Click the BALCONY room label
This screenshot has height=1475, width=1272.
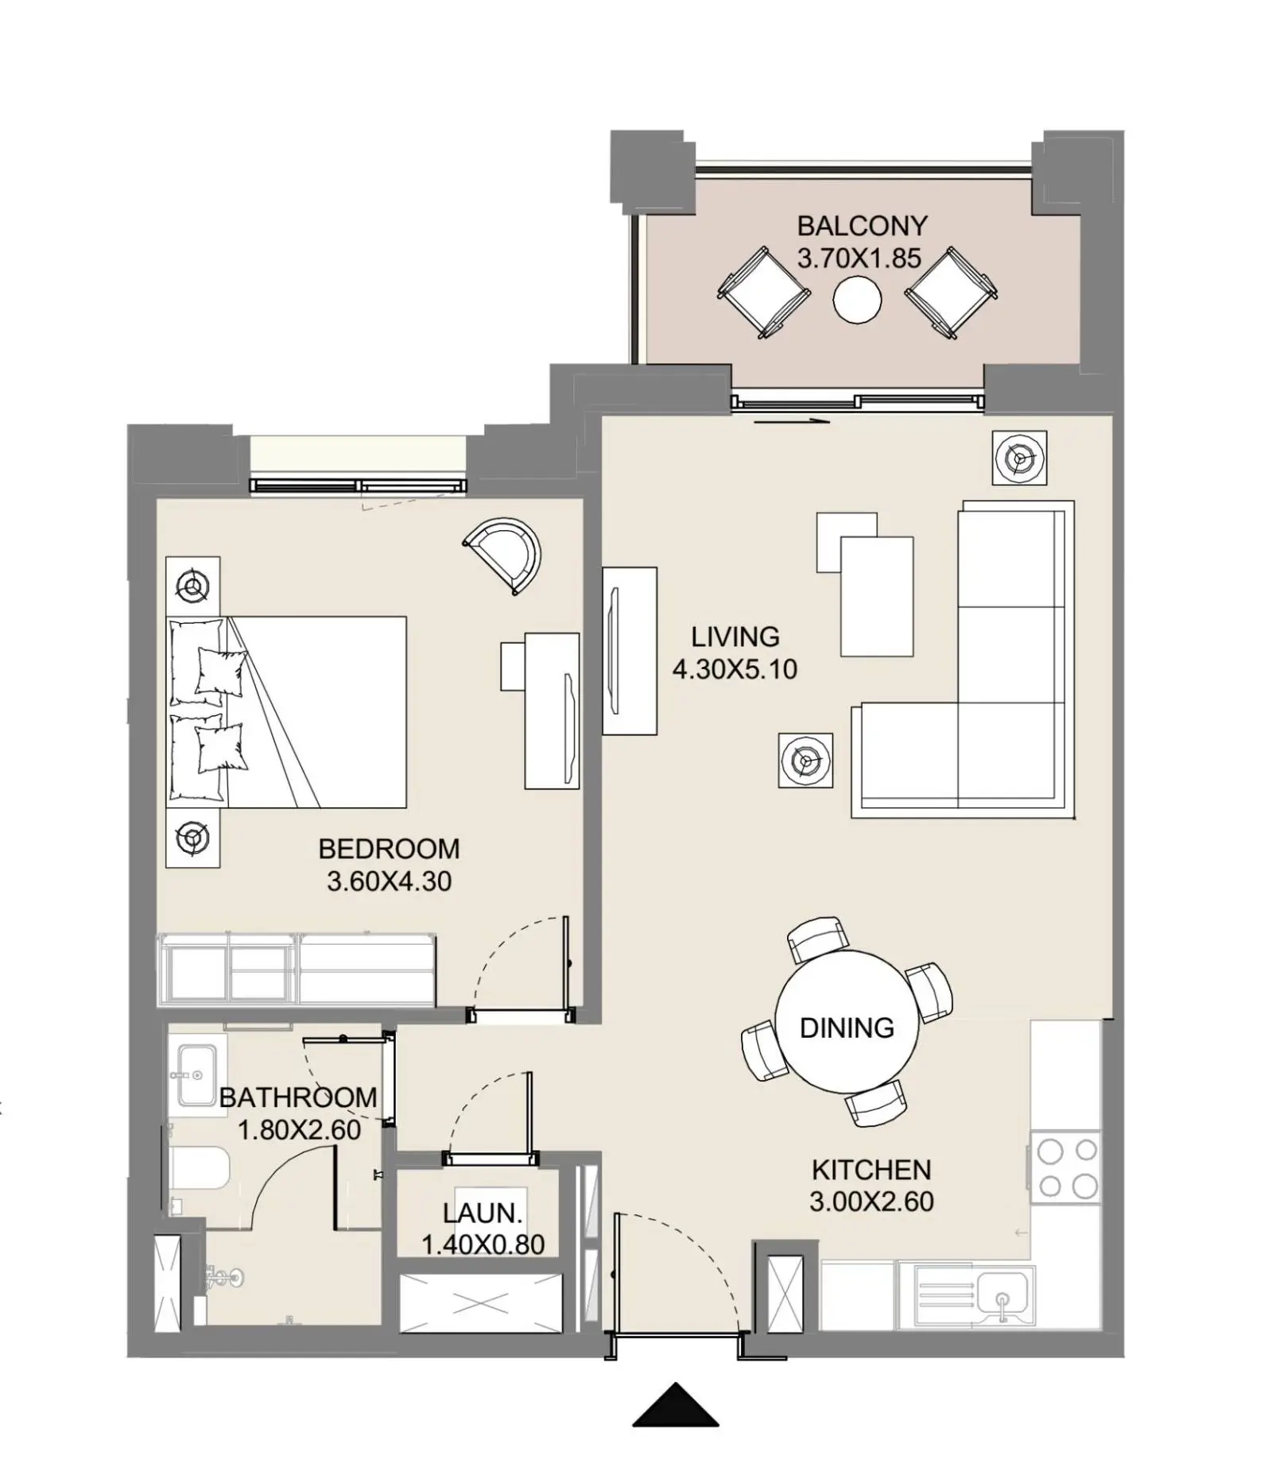point(862,226)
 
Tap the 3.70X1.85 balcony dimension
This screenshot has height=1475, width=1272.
point(859,258)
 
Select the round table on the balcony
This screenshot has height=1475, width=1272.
point(857,299)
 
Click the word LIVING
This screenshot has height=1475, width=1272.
point(735,637)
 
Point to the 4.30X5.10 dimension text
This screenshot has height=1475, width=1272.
point(735,669)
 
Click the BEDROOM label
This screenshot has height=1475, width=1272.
point(389,849)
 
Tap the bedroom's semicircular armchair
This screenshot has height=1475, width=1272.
point(505,555)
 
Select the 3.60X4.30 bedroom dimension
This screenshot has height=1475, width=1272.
point(389,881)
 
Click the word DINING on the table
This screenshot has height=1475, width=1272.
point(847,1028)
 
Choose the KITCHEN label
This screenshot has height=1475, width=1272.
point(871,1170)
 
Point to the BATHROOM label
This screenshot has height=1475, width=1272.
point(298,1098)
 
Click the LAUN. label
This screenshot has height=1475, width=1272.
point(483,1214)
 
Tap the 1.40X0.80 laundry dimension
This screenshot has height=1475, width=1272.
point(483,1245)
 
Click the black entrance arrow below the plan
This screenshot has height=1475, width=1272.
point(676,1404)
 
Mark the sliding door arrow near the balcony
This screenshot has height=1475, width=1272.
point(792,422)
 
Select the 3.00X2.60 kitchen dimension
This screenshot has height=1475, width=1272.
point(871,1202)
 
